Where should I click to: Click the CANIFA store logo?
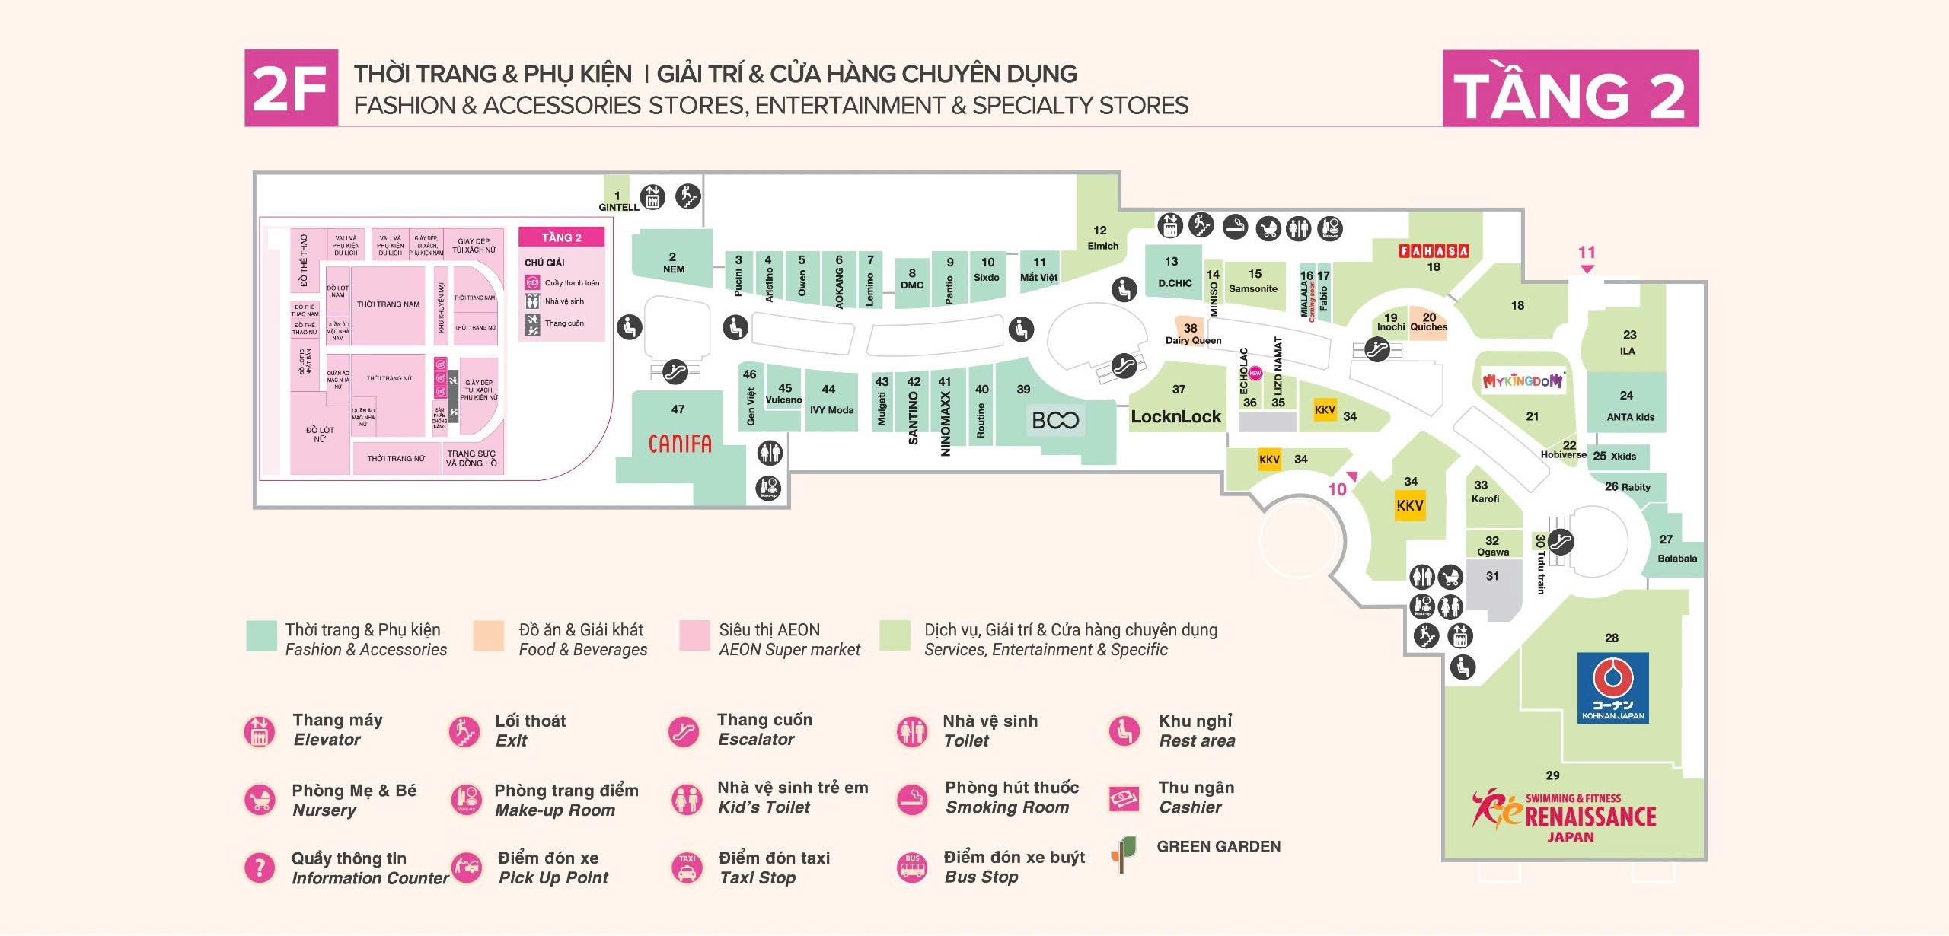point(680,444)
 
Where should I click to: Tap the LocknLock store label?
point(1175,416)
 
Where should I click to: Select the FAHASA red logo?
point(1434,250)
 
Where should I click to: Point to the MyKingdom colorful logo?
point(1523,380)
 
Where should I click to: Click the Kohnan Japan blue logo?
point(1613,687)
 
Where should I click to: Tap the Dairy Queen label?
point(1193,340)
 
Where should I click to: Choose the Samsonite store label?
point(1253,288)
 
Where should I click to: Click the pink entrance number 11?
point(1587,252)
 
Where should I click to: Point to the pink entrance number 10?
point(1337,489)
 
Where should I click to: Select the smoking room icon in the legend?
point(912,799)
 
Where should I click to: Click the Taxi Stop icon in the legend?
point(687,867)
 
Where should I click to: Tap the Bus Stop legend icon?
point(912,867)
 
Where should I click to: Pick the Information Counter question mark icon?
point(260,868)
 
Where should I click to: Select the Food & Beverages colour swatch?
point(488,636)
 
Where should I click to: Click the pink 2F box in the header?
point(290,88)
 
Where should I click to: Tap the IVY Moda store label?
point(831,409)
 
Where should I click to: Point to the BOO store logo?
point(1055,420)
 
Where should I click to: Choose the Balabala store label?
point(1677,558)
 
